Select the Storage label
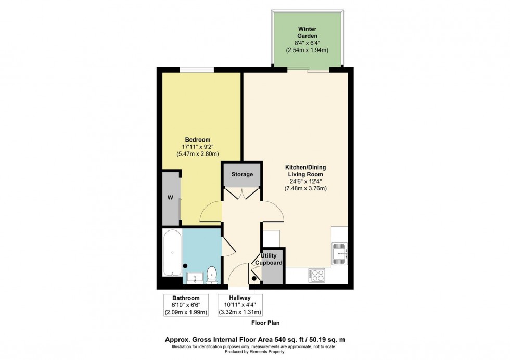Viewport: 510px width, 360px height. [242, 174]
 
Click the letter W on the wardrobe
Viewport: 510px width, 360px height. [170, 198]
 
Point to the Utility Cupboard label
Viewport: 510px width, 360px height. [268, 260]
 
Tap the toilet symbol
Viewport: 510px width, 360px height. [212, 274]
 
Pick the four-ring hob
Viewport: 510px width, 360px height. [316, 275]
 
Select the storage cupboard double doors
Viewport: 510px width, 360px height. [242, 194]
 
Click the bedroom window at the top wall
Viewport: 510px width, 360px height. [195, 69]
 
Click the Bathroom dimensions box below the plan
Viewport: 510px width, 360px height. [186, 305]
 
